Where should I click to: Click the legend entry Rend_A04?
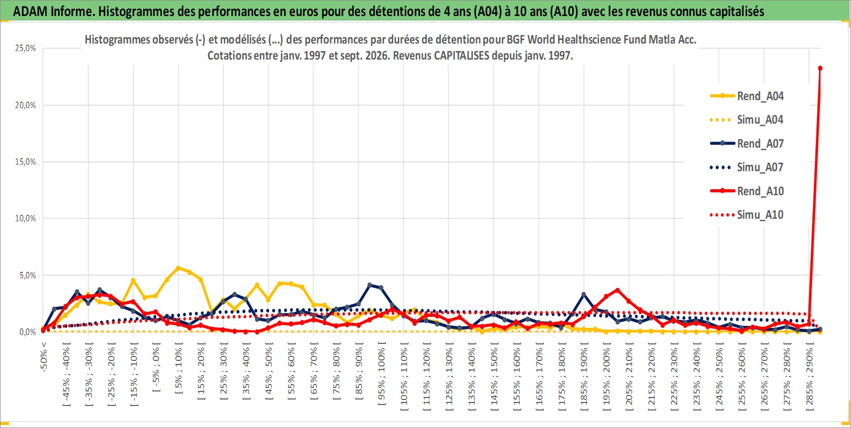747,96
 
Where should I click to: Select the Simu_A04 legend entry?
747,120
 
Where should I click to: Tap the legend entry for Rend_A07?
747,144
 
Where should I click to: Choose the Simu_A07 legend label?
747,167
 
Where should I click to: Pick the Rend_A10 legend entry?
747,191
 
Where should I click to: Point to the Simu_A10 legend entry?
747,215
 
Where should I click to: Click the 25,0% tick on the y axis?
26,48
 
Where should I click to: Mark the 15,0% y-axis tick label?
26,162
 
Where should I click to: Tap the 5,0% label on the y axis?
28,275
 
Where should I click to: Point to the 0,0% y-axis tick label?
28,332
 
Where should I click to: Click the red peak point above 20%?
820,68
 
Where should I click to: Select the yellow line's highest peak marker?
178,268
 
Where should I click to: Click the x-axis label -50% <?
44,356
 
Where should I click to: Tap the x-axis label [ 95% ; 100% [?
382,373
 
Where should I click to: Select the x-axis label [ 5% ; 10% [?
178,368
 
